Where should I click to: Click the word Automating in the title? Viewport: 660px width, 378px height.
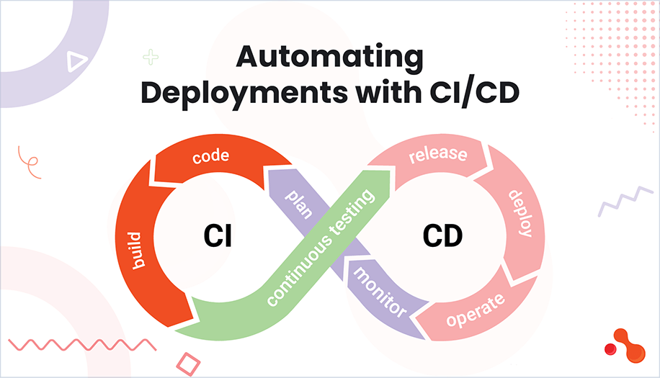tap(331, 58)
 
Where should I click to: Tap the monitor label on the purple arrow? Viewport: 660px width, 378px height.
tap(378, 292)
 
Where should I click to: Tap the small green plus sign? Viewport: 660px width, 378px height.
tap(151, 57)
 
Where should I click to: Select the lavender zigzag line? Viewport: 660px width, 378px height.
tap(625, 201)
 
